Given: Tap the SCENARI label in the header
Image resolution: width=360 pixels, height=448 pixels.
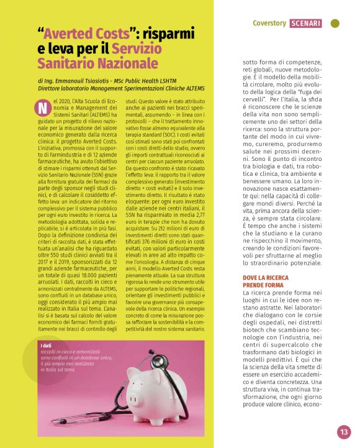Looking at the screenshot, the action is (305, 24).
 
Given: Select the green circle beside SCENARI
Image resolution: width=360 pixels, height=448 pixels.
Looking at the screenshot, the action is (335, 24).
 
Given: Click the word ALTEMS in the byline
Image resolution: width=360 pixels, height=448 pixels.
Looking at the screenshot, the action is (193, 89).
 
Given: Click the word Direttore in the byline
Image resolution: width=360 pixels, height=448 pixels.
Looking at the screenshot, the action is (51, 89).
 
